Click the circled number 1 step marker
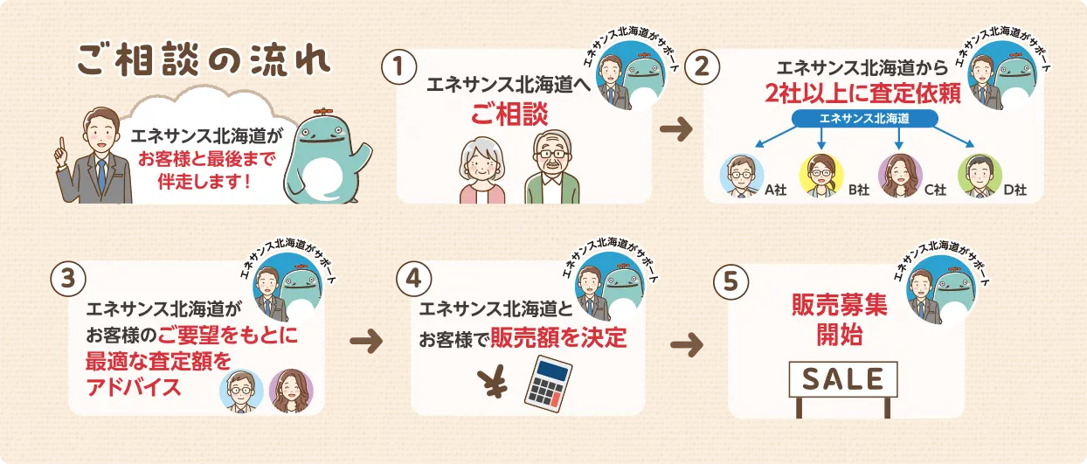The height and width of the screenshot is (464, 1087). [399, 67]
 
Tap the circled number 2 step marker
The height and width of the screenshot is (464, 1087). [703, 67]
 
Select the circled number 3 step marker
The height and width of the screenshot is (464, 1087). [68, 279]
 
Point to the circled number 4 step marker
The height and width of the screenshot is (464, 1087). [414, 279]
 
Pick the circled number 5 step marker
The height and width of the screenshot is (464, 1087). [730, 282]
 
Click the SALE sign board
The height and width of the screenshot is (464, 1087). [843, 379]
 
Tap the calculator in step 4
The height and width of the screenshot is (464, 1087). [549, 384]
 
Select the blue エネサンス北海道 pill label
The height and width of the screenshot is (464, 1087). [864, 119]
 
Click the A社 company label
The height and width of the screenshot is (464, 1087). [775, 190]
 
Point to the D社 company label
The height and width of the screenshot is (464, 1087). [1015, 190]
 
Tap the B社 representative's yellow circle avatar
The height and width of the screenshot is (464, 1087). [821, 176]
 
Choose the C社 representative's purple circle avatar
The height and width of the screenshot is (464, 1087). [900, 176]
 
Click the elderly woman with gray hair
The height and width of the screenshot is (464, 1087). [481, 170]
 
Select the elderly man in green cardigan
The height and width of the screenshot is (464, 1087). [552, 167]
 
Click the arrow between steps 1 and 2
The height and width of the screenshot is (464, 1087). [676, 129]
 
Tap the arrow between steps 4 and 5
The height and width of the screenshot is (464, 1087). [687, 345]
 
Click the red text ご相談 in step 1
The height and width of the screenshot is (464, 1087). [509, 114]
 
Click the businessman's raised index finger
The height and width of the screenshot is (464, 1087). [61, 143]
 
